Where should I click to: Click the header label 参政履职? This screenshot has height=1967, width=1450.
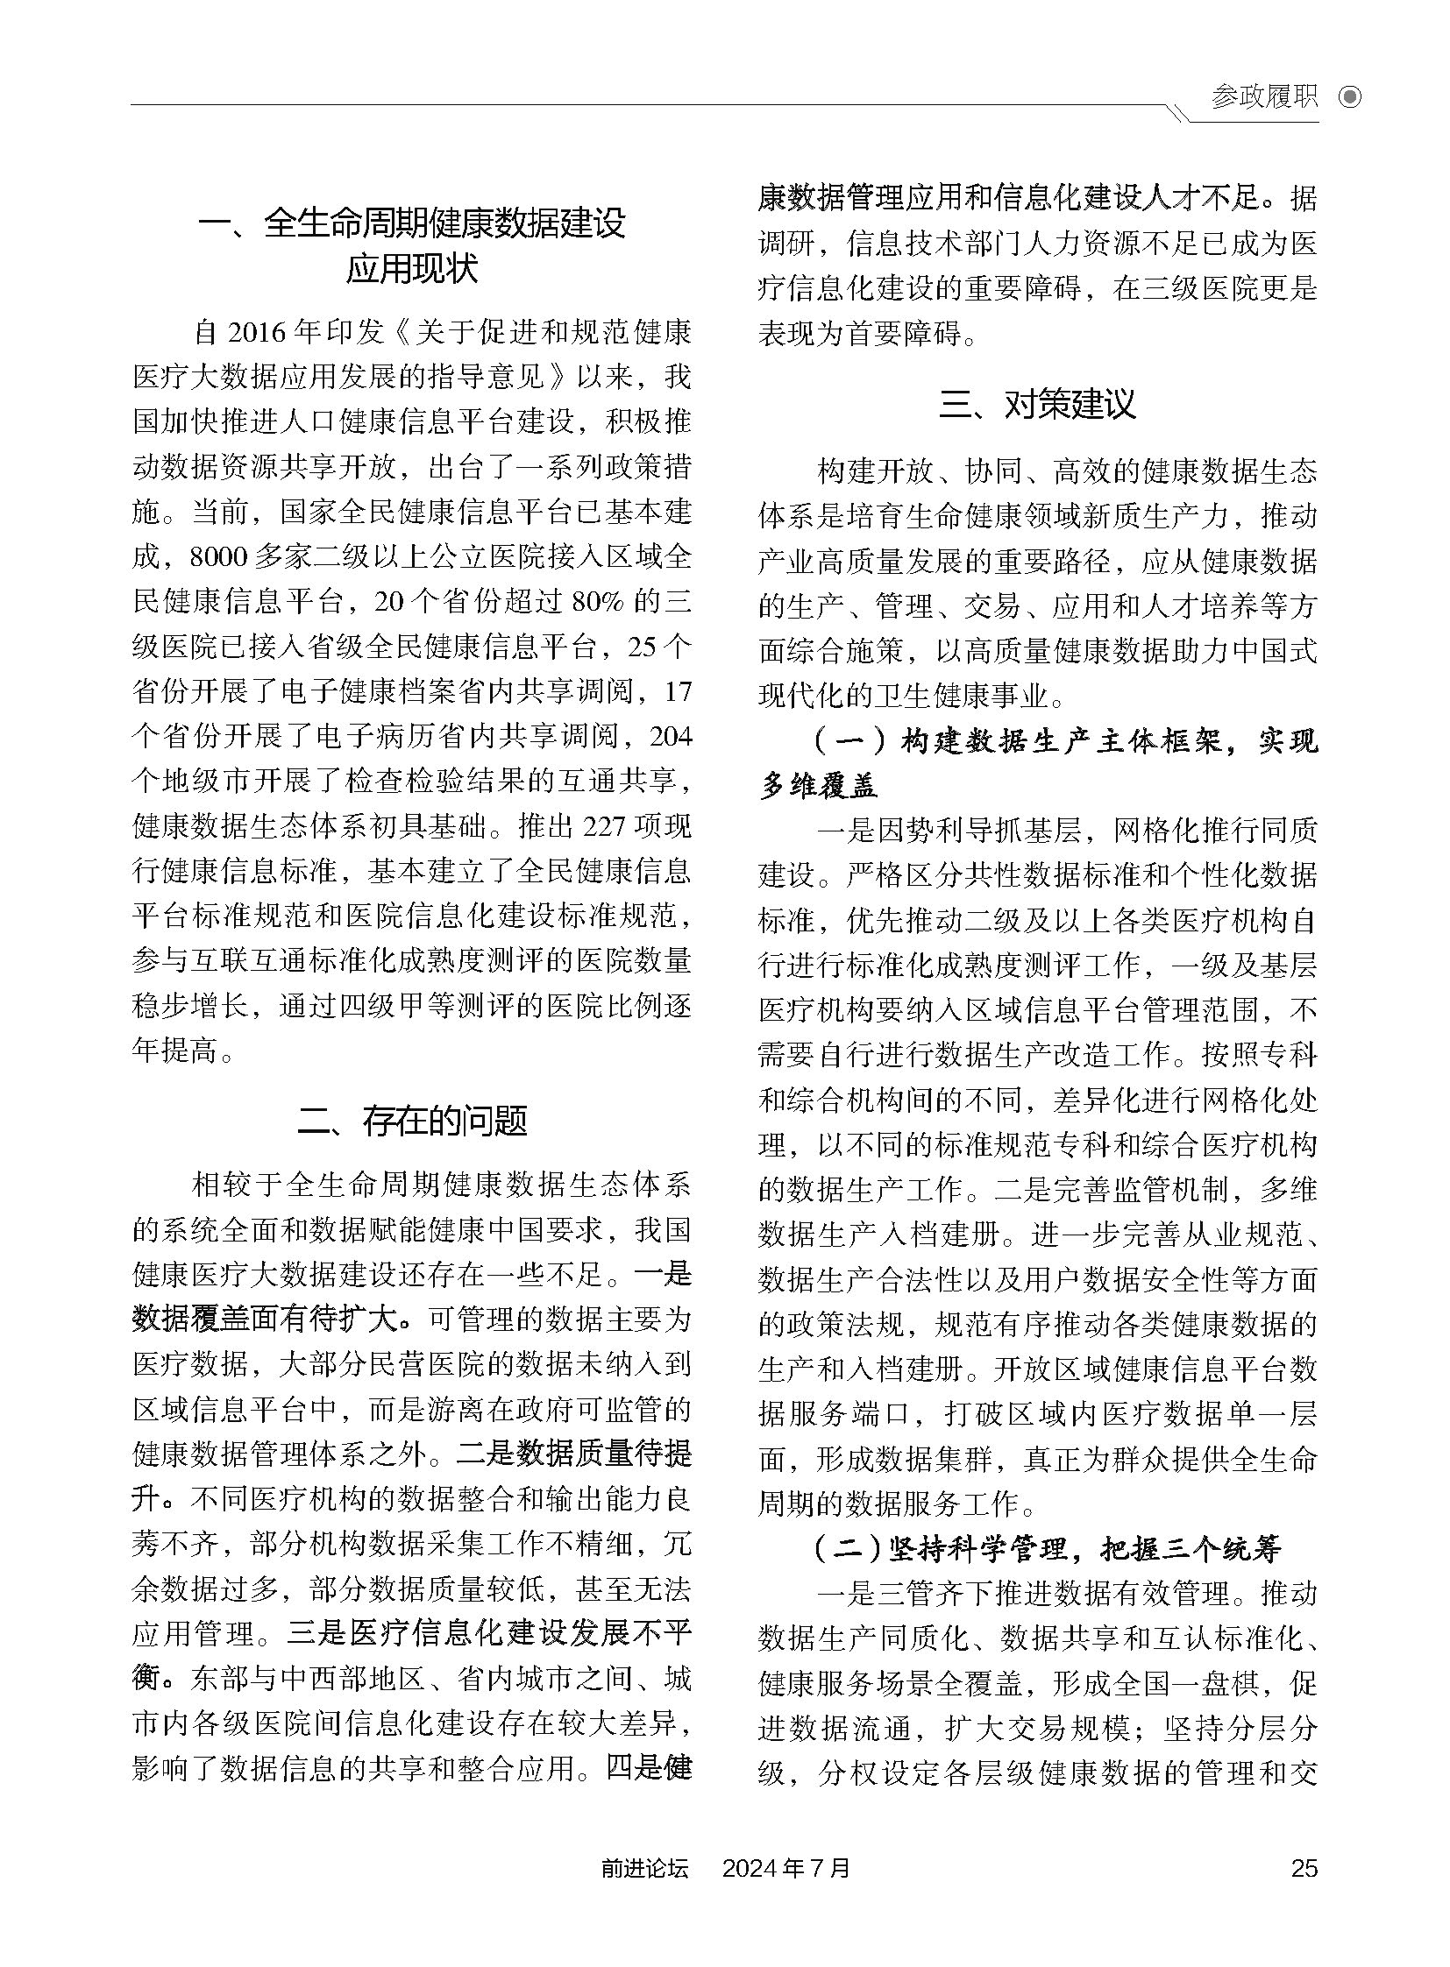[x=1264, y=96]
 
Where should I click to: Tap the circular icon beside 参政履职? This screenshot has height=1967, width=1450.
[x=1350, y=96]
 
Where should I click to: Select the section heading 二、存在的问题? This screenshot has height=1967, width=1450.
[x=412, y=1121]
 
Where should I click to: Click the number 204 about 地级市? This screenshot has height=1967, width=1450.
[x=671, y=736]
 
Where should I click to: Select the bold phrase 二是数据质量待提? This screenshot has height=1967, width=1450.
[x=574, y=1454]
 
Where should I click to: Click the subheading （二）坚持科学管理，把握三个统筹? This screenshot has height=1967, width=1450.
[x=1048, y=1550]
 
